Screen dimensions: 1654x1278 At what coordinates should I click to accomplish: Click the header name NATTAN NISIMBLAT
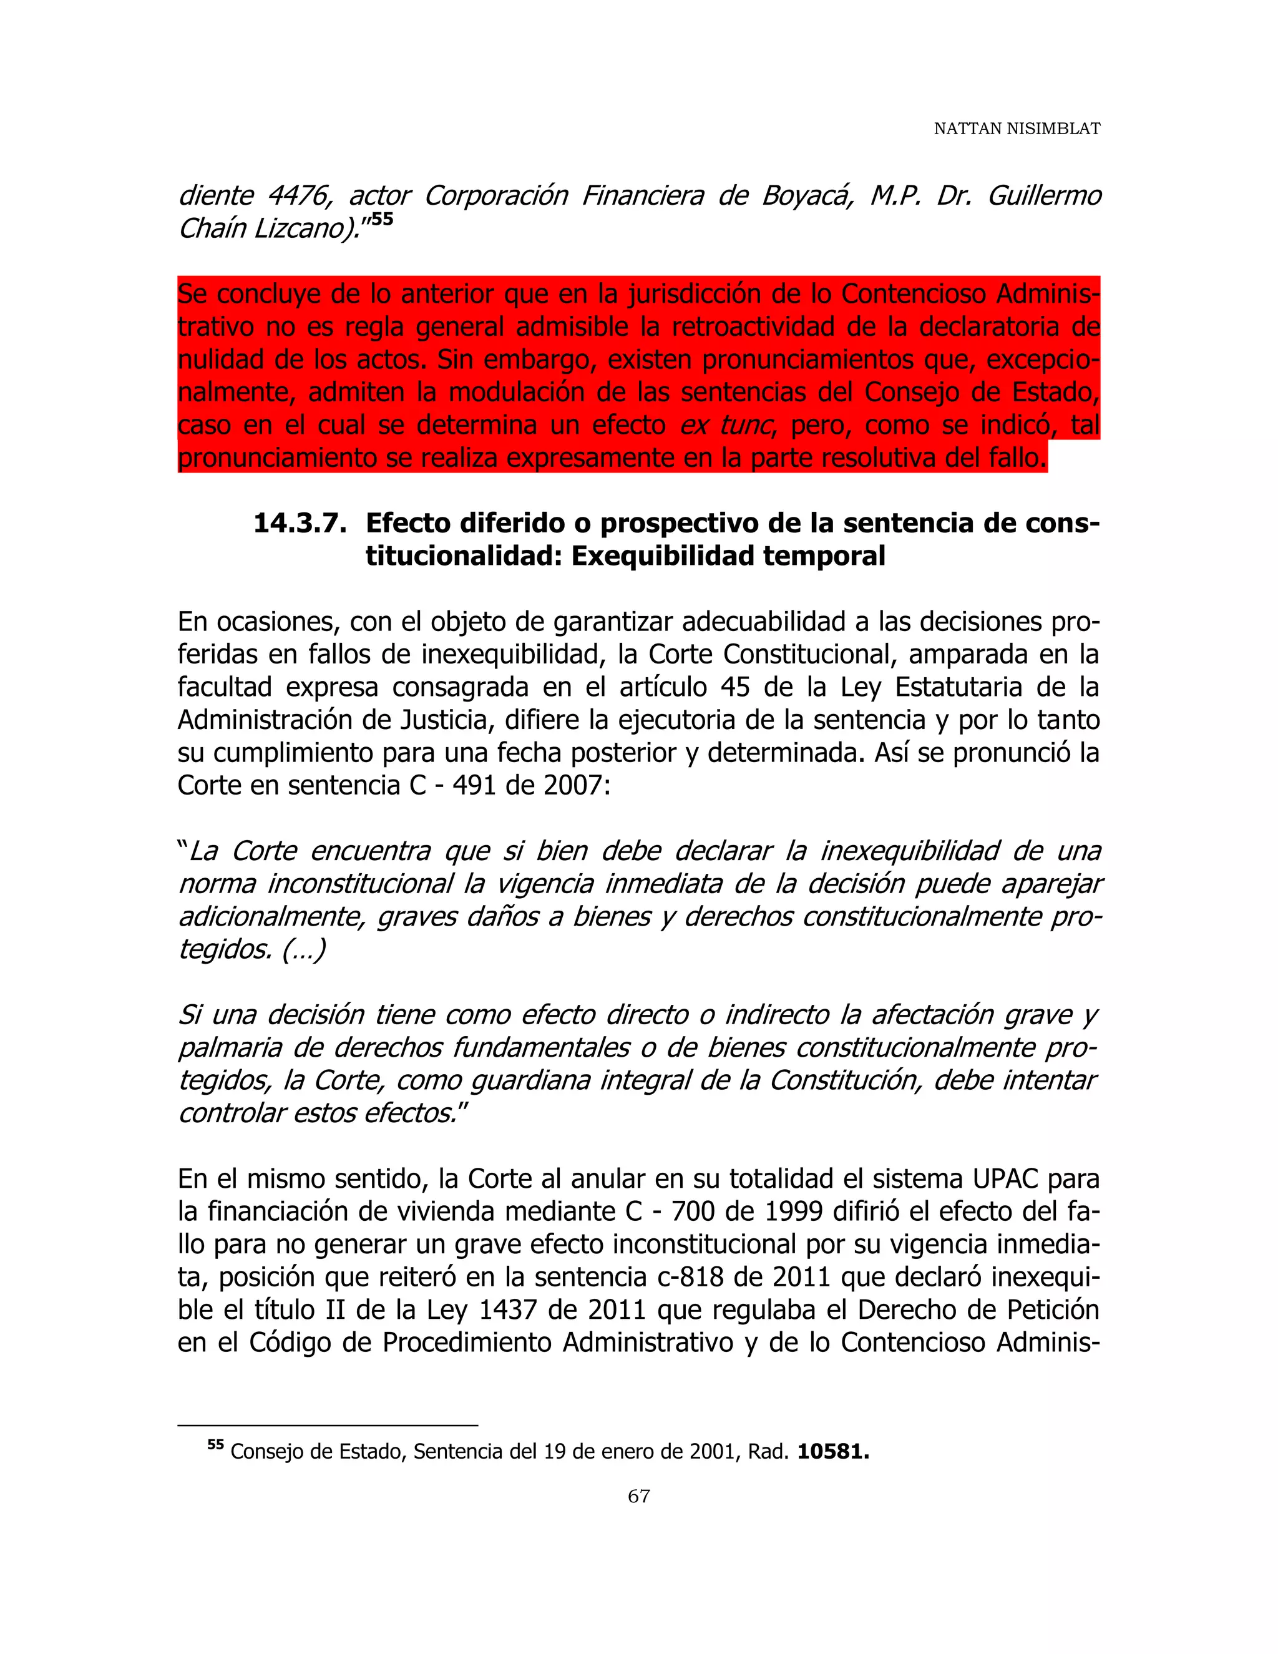click(1016, 129)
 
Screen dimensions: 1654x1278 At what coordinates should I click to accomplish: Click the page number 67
click(638, 1495)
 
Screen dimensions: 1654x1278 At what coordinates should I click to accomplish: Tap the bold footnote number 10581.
click(833, 1452)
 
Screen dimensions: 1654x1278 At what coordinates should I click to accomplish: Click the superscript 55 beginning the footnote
click(216, 1445)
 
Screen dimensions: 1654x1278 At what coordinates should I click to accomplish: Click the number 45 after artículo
click(734, 688)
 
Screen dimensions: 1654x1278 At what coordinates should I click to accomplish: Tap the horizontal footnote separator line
click(327, 1426)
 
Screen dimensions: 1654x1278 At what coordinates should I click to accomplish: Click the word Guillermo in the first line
click(1044, 196)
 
